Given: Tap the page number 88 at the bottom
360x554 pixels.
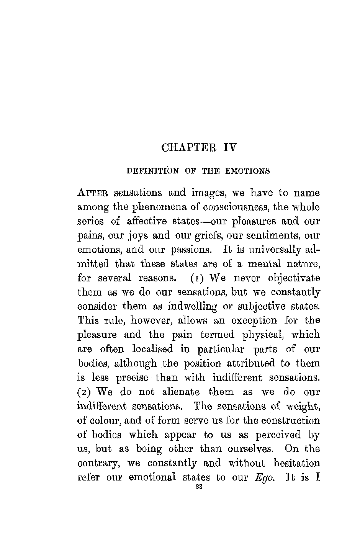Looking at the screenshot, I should click(198, 488).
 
